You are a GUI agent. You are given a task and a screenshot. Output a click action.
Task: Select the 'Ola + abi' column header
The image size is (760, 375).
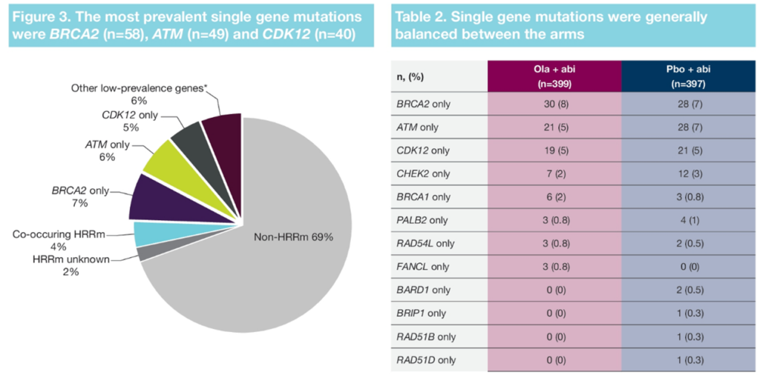click(554, 76)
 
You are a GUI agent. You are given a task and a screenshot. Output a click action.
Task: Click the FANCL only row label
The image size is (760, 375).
click(423, 267)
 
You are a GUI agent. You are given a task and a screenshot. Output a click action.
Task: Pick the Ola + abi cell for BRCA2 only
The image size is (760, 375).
click(554, 104)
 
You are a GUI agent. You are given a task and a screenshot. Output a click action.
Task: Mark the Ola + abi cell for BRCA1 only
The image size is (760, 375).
click(554, 197)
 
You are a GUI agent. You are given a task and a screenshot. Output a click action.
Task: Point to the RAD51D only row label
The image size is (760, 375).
click(426, 360)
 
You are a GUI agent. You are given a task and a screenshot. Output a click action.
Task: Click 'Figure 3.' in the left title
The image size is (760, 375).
click(45, 16)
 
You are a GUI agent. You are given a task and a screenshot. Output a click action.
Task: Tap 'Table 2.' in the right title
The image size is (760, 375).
click(422, 16)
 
